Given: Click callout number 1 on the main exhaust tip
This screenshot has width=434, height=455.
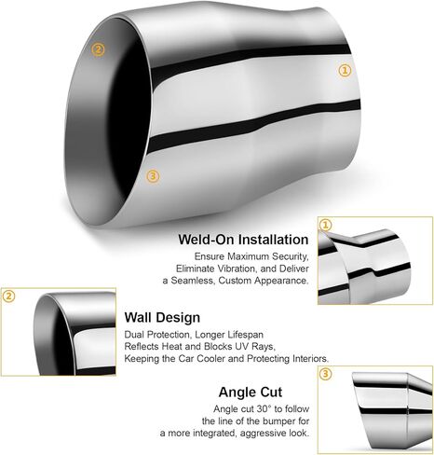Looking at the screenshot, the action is pos(345,70).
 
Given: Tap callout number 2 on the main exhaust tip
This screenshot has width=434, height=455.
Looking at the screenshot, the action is pos(98,49).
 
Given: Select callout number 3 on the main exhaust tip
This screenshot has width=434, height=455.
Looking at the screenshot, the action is pos(153,176).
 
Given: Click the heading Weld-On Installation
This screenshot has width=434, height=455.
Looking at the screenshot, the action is pos(243,240).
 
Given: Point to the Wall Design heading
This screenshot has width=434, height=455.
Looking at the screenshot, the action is pos(162,317).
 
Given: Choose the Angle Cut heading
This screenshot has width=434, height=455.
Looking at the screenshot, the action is pos(251,392).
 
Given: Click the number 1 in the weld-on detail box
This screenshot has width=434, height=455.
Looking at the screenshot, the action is pos(325,225).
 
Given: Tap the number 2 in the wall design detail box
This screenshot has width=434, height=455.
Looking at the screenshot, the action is pos(8,296).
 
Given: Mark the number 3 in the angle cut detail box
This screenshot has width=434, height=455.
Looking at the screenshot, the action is pos(325,374).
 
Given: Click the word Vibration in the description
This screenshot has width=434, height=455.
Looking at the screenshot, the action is pos(236,269).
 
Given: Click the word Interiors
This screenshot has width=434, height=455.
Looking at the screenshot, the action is pos(310,358).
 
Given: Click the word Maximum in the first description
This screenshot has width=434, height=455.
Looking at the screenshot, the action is pos(248,256).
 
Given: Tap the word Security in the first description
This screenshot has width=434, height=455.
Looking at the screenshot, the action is pos(290,256).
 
